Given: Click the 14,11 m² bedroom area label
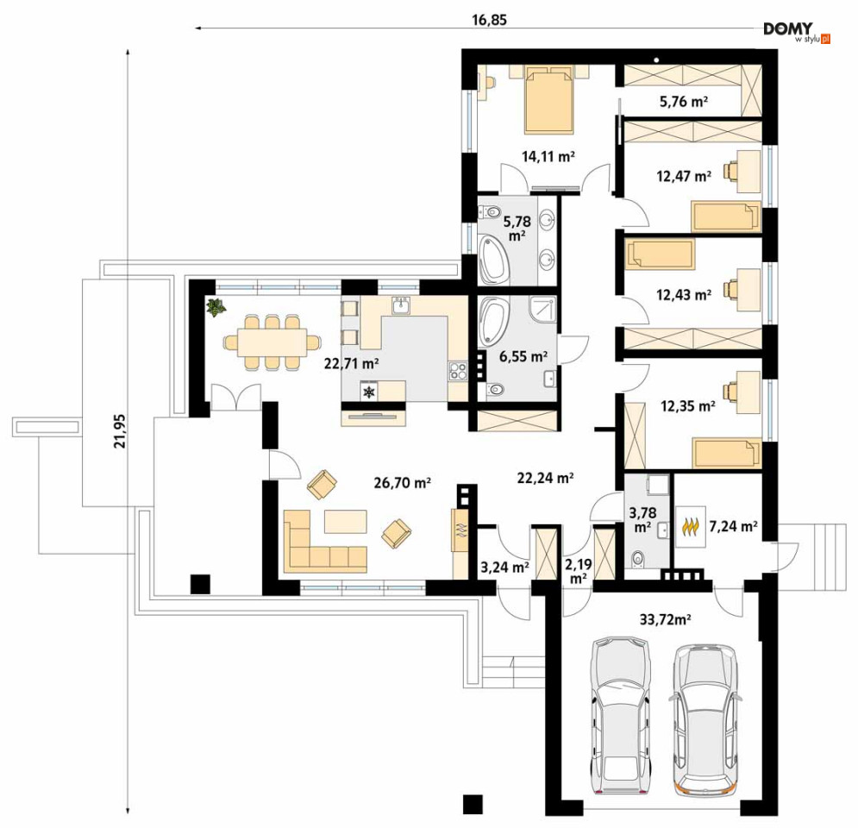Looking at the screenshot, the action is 548,156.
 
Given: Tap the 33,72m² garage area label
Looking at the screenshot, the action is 665,619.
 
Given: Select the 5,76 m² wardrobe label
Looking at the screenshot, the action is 684,101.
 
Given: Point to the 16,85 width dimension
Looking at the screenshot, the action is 489,20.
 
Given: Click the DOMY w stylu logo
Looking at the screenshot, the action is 796,32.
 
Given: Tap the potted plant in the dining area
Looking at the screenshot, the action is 216,307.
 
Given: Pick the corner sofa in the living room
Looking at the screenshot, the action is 324,542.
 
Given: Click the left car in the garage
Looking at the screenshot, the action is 620,716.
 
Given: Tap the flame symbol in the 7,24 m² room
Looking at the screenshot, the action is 692,527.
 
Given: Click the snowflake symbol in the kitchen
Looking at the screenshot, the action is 371,392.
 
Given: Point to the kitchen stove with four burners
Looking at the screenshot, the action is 457,372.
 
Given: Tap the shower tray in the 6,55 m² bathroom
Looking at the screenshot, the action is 542,310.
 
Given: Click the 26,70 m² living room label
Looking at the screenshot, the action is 402,483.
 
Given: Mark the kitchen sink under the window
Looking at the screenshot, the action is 402,305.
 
